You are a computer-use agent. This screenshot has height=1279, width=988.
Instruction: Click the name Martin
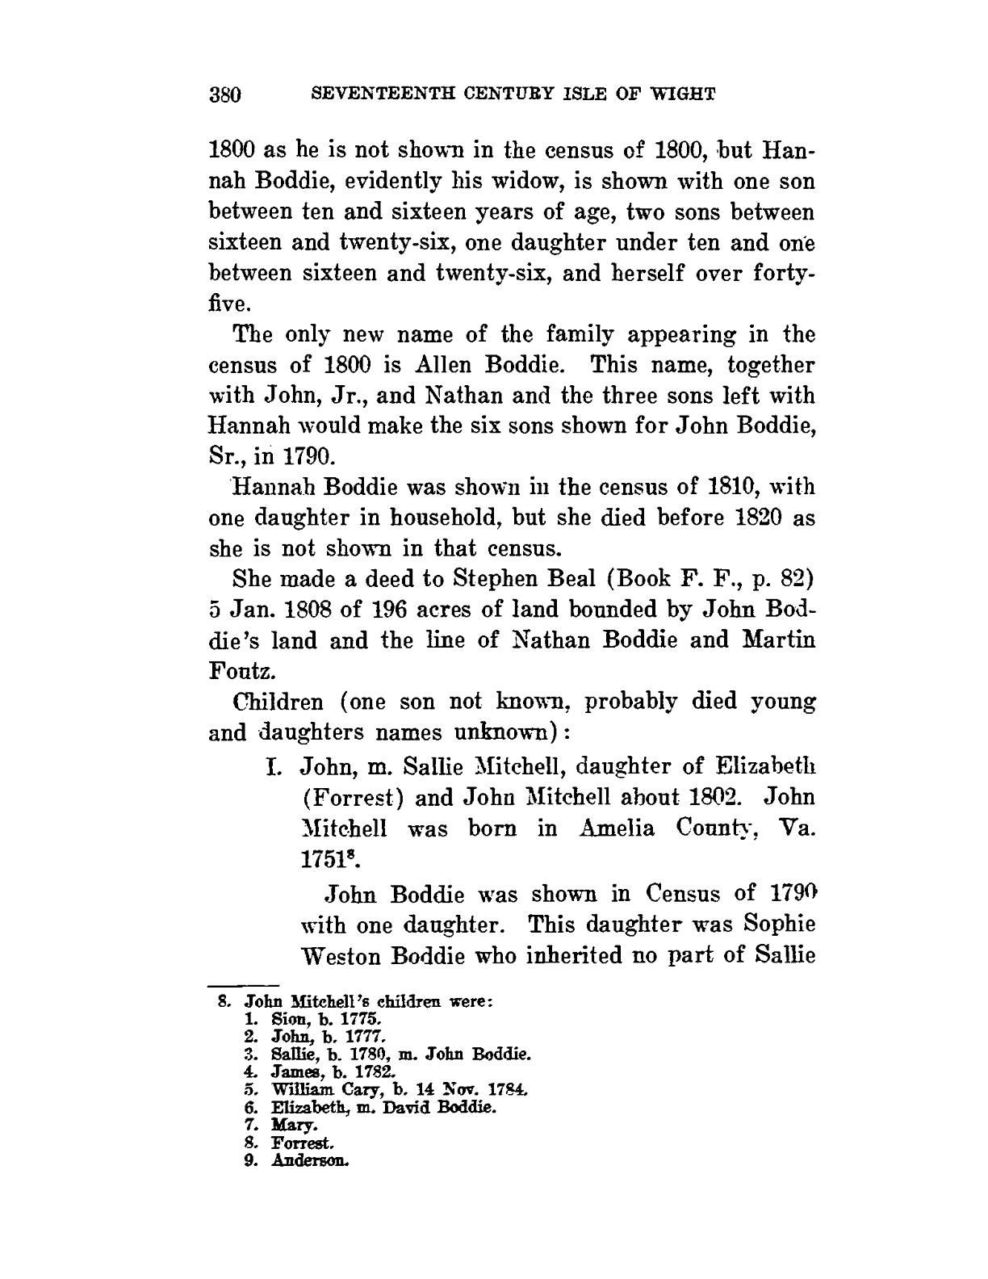(780, 640)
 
